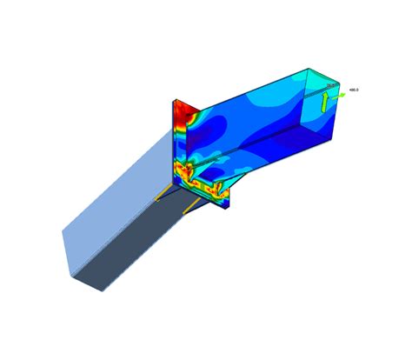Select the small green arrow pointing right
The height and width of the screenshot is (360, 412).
[340, 96]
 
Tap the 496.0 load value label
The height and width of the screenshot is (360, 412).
[354, 89]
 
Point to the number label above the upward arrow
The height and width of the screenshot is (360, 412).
[329, 85]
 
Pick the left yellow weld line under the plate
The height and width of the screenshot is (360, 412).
[163, 192]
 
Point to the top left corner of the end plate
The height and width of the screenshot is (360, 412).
[175, 98]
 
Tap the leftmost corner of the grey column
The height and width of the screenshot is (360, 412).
[62, 231]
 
